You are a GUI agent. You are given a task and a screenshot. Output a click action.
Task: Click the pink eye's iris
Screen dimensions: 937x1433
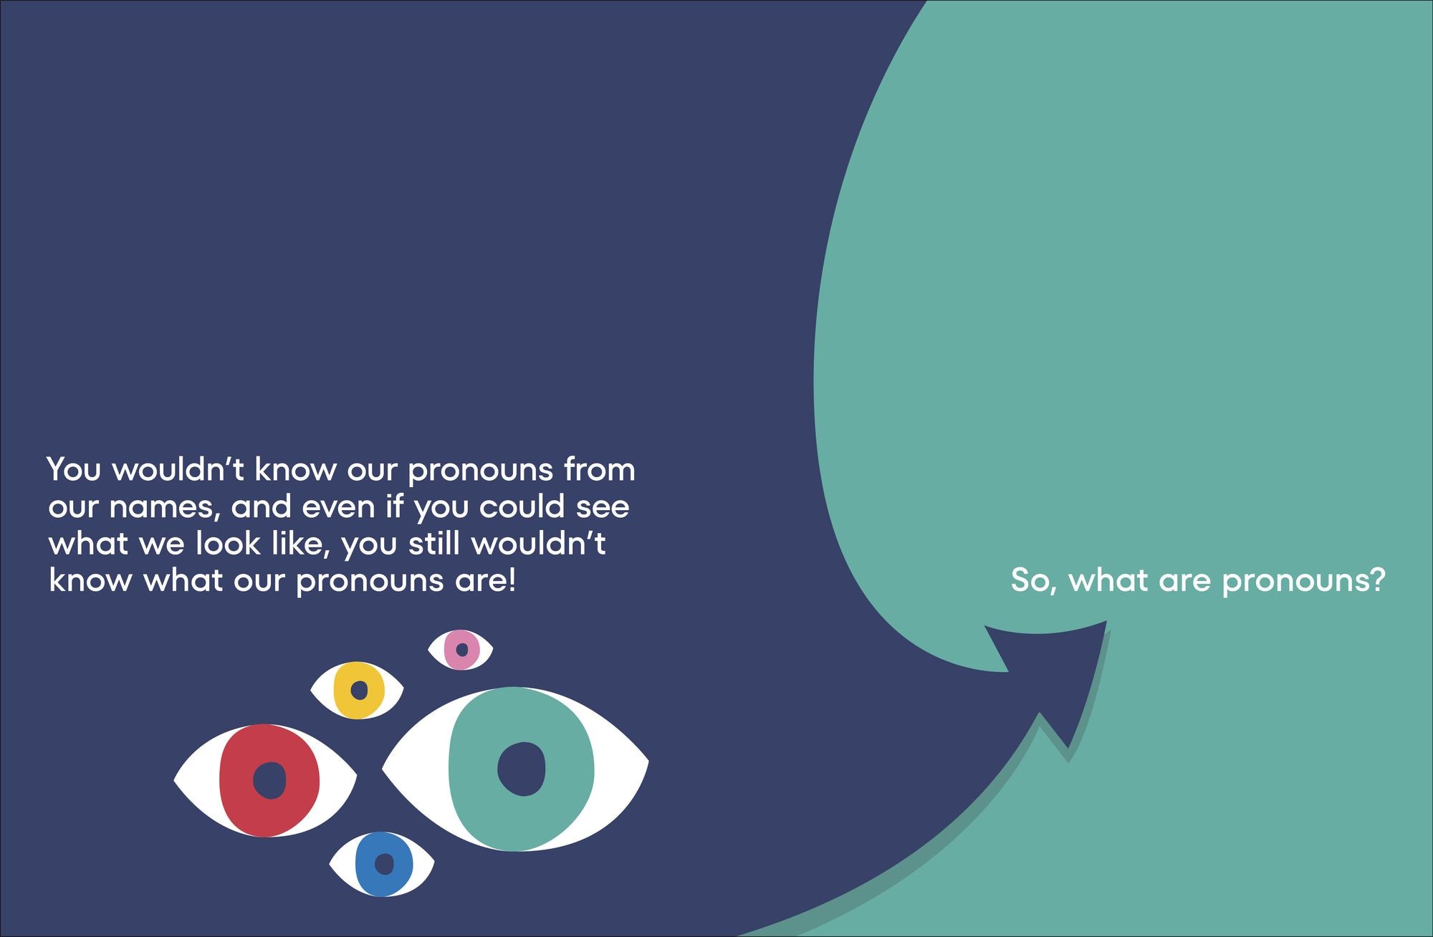pos(451,650)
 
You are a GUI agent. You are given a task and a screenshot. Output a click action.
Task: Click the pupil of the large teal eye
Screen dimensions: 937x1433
pos(522,769)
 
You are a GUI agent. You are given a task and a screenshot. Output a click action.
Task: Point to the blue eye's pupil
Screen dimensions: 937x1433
pos(385,864)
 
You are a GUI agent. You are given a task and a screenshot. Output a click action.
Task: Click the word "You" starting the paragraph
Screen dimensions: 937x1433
pos(74,470)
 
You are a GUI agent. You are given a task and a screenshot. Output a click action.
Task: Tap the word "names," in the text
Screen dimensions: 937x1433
pos(162,507)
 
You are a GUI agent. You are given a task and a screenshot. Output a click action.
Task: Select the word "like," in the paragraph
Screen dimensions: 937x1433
pos(301,544)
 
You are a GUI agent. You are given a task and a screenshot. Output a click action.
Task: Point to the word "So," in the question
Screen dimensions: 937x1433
pos(1033,580)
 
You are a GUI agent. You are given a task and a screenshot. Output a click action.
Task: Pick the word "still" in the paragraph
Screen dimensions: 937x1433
pos(433,544)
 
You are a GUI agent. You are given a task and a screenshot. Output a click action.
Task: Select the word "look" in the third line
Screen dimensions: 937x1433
pos(228,544)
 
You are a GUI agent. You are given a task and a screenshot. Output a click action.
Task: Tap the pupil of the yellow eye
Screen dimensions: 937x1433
pos(359,691)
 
